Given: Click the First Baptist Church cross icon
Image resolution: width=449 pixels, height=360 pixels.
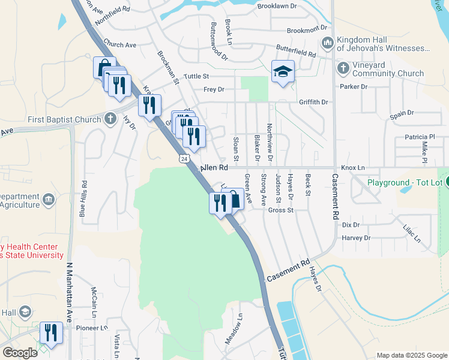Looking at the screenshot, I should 109,119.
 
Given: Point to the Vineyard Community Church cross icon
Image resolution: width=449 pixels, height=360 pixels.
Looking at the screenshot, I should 343,67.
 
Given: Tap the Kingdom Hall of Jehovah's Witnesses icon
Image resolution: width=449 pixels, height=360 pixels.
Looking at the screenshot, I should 328,43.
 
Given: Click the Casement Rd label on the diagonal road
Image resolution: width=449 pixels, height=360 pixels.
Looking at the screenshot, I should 288,271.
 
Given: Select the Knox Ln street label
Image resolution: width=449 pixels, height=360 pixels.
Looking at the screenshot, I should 353,168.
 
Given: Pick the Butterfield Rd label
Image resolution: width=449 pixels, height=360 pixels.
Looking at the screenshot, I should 296,51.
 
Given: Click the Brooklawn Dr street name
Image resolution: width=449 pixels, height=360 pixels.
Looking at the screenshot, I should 277,6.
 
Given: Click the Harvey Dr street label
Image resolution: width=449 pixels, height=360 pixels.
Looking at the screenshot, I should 357,238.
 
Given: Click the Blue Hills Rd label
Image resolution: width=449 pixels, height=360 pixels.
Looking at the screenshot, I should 83,199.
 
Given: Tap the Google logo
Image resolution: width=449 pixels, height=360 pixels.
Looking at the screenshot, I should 20,353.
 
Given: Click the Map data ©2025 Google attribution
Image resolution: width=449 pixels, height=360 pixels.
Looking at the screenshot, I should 412,355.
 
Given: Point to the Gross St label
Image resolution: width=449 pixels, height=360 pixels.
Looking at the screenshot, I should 280,211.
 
